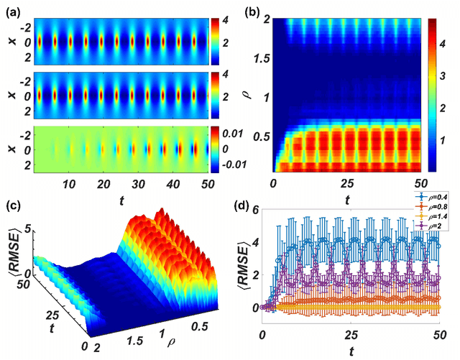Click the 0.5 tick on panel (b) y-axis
258,134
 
